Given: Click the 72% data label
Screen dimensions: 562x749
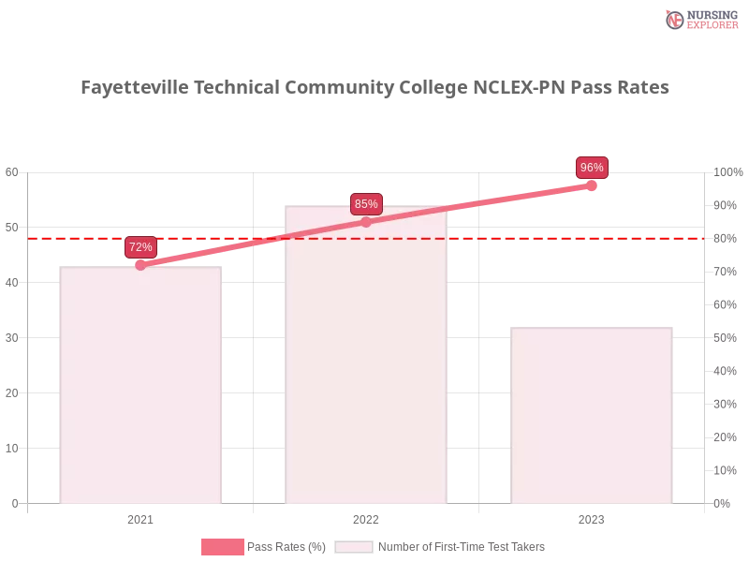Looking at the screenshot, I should click(140, 247).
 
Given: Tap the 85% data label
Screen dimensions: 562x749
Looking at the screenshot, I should click(366, 204).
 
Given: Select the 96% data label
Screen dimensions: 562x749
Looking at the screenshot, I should click(592, 168).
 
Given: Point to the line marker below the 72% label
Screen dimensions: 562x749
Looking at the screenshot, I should click(140, 265).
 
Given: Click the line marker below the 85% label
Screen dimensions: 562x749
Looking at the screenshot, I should click(366, 222).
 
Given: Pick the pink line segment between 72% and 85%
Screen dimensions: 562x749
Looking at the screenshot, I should click(253, 244).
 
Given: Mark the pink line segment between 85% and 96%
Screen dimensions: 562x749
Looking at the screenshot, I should click(478, 203).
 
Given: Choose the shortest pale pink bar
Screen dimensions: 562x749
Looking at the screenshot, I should click(592, 417).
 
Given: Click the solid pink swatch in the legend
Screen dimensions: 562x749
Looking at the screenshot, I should click(222, 547).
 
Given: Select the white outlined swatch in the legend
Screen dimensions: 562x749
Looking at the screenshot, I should click(354, 547).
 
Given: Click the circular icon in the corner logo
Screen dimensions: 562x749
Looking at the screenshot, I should click(674, 20).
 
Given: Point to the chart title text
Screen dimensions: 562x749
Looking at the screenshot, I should click(374, 88).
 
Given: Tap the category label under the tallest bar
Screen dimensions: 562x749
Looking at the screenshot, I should click(366, 517).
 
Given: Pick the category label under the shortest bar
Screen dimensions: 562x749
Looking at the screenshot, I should click(592, 517).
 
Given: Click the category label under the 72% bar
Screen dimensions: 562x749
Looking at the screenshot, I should click(140, 517).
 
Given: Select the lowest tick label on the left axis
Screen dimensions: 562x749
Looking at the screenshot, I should click(13, 502).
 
